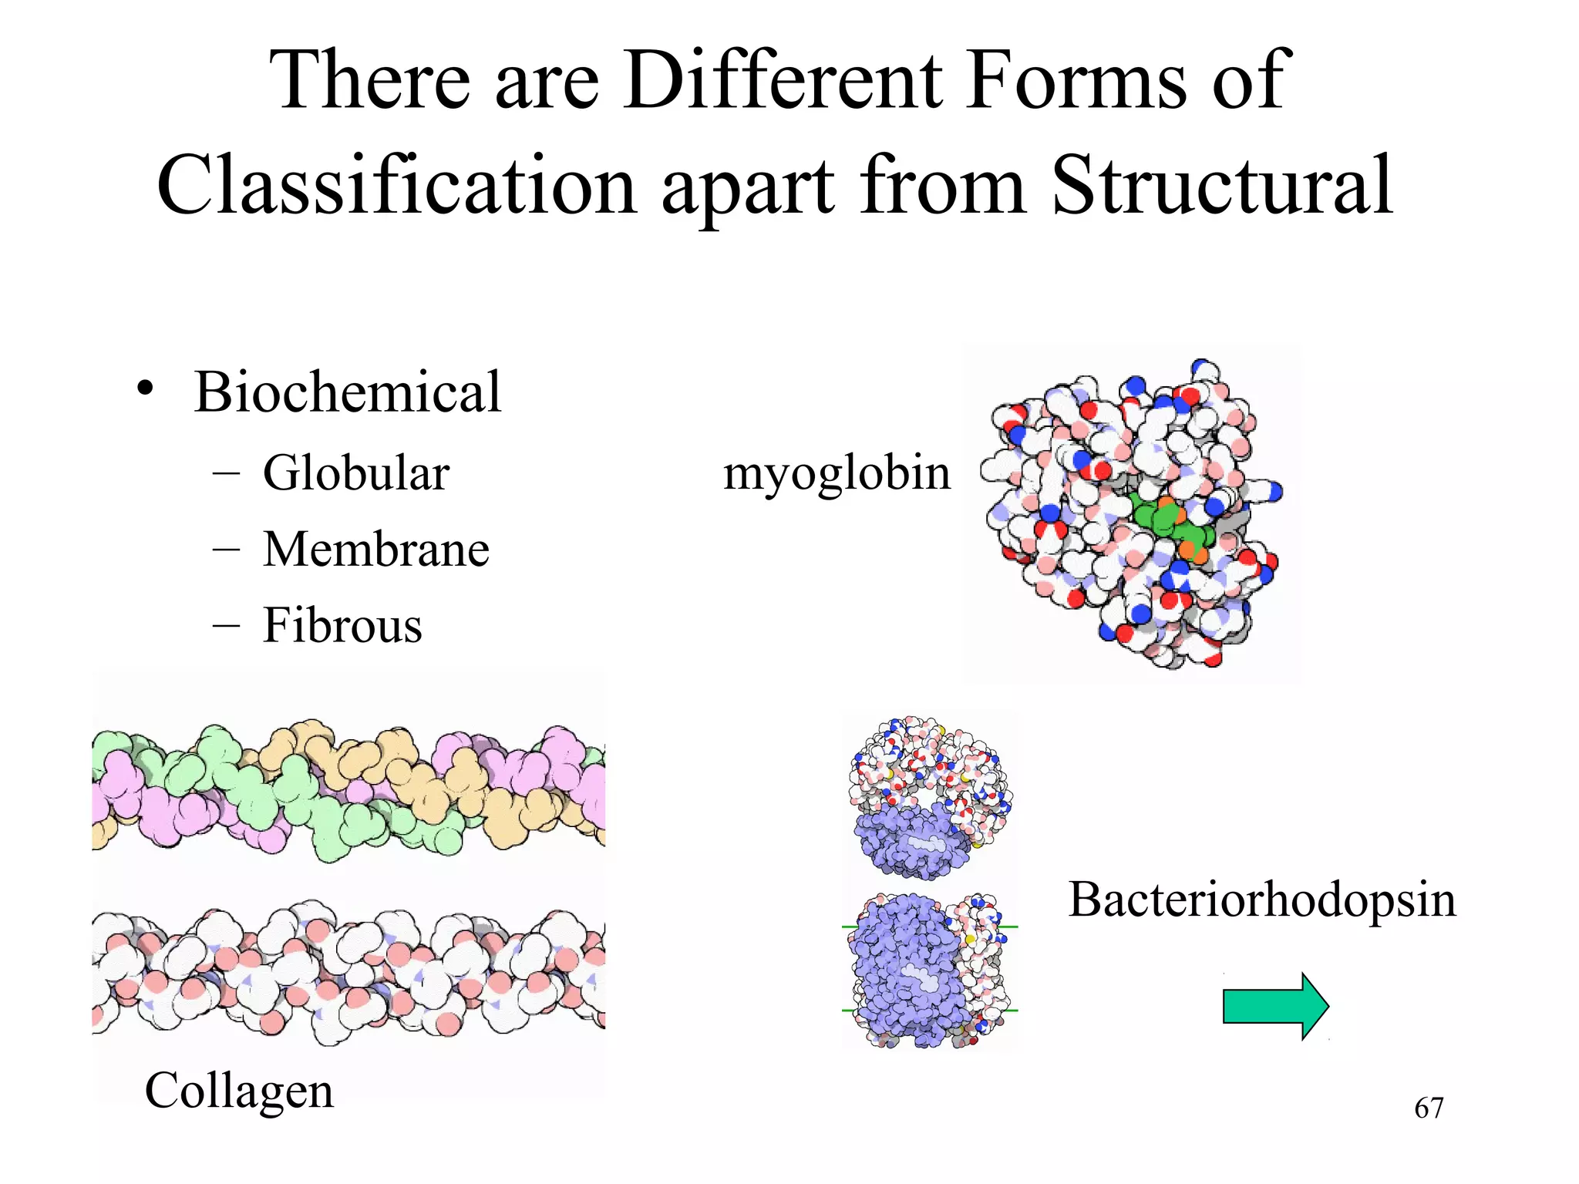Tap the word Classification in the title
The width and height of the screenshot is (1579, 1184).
tap(396, 186)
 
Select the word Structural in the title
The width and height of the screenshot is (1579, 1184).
tap(1221, 186)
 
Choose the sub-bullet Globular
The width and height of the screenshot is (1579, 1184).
tap(355, 473)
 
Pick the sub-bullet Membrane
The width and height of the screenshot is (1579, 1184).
tap(375, 549)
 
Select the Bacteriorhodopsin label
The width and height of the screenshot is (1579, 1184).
tap(1262, 900)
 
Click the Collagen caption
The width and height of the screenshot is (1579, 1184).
tap(239, 1091)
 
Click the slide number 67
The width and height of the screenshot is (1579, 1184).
tap(1428, 1108)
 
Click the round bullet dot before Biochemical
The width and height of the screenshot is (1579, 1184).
tap(145, 388)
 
